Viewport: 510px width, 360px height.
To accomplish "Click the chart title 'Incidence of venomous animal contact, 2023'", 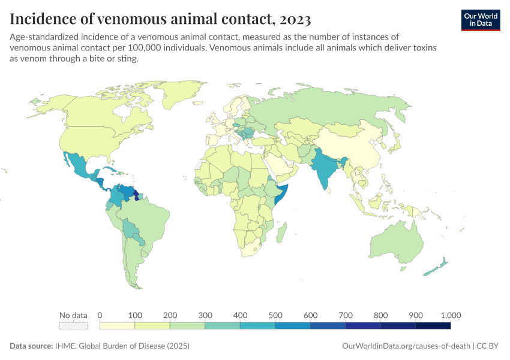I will click(x=160, y=19).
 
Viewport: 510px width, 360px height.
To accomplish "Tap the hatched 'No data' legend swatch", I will click(x=73, y=326).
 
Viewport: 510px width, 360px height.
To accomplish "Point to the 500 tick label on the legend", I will click(x=275, y=315).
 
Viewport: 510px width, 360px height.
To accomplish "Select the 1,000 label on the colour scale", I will click(x=450, y=315).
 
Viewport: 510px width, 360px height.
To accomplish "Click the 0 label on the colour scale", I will click(x=100, y=315).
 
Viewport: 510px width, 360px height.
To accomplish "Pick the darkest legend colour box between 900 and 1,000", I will click(x=433, y=326).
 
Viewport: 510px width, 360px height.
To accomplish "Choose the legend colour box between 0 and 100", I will click(x=117, y=326).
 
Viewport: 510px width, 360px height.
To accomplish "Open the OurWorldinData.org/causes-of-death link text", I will click(x=406, y=346).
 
